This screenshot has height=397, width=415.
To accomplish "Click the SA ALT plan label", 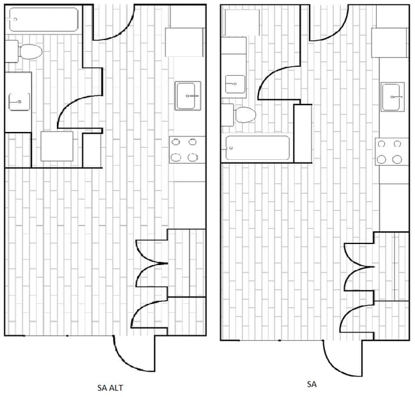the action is click(110, 387).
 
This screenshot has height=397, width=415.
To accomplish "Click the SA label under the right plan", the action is click(312, 384).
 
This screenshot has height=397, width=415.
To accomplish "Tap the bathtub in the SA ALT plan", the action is click(43, 20).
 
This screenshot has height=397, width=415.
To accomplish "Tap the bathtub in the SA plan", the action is click(257, 148).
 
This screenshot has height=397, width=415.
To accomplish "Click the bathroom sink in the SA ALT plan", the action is click(19, 102).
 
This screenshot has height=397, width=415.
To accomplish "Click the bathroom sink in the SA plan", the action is click(235, 84).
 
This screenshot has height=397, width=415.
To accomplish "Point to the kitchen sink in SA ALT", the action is click(188, 96).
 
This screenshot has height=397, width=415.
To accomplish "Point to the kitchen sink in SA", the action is click(393, 97).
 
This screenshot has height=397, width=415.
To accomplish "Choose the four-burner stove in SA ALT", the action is click(187, 150).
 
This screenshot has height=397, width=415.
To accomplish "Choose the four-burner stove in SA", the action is click(392, 152).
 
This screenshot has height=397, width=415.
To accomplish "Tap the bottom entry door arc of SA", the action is click(336, 367).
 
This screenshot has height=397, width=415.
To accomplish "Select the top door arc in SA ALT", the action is click(122, 31).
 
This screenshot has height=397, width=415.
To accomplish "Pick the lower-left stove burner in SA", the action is click(381, 159).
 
